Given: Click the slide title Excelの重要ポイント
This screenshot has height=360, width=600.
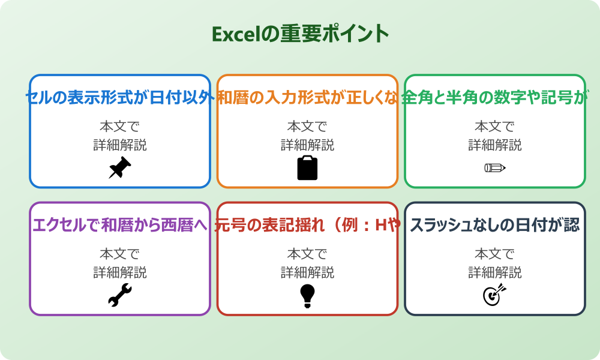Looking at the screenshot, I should [x=300, y=34].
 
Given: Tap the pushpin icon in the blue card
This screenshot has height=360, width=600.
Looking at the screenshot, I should [x=120, y=168].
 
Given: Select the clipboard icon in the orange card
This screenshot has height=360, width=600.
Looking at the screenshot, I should [x=307, y=168].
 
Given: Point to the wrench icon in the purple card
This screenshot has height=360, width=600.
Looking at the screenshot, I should [x=120, y=295].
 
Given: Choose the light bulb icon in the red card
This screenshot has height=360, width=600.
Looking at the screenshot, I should [x=307, y=295].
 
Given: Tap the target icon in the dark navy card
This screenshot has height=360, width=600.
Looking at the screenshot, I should [x=495, y=295].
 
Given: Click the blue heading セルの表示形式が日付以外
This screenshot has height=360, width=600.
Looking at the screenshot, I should [x=120, y=97].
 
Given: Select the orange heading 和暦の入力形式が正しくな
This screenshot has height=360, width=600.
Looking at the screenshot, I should [x=307, y=97].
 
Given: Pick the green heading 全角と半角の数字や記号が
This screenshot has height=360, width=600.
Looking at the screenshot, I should [x=495, y=97].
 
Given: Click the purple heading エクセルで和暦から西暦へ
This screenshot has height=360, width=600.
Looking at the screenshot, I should [x=120, y=225].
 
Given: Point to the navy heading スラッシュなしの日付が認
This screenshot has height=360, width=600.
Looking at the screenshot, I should [x=495, y=225].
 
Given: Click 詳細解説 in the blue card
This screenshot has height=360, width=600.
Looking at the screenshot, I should [x=120, y=145].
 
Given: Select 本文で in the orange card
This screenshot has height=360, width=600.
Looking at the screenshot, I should [x=307, y=127].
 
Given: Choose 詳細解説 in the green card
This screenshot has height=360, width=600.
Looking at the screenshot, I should [x=495, y=145].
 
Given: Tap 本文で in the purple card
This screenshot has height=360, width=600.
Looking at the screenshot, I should [x=120, y=254].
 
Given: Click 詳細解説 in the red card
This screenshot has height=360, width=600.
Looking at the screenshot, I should [x=307, y=272].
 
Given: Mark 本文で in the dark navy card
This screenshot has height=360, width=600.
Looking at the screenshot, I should [x=495, y=254].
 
